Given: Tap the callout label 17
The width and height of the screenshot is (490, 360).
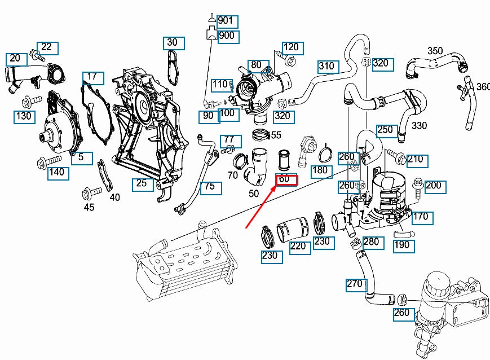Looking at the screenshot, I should point(93,77).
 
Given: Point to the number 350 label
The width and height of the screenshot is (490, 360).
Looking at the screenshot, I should point(435,50).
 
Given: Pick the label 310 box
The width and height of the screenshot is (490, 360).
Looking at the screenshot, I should point(328,67).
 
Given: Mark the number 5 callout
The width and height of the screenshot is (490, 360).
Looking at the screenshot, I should point(82,157).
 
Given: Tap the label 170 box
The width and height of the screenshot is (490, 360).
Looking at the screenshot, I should point(421,217).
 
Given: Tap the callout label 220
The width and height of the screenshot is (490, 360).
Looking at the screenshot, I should point(299,247).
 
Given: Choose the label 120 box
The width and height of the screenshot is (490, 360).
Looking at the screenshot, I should point(292,47).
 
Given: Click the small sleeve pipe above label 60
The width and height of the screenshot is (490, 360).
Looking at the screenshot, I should point(285,160).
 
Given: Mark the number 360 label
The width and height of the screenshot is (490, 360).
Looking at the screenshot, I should point(484,86).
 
